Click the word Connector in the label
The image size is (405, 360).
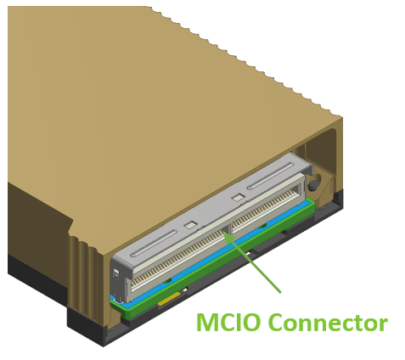(x=328, y=323)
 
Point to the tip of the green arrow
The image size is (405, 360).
(x=222, y=232)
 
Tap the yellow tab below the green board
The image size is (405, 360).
(x=169, y=299)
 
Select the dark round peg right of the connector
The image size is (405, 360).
(x=313, y=185)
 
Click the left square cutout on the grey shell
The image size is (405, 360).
(x=190, y=225)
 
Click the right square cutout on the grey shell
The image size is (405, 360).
(x=238, y=198)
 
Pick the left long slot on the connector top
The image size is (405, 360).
(x=154, y=244)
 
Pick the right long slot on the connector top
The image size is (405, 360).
(x=270, y=176)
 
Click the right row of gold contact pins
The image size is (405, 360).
(x=264, y=208)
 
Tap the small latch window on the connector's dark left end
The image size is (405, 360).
(x=115, y=273)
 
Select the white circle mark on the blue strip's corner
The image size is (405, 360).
(x=115, y=300)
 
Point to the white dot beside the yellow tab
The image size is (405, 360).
(x=185, y=290)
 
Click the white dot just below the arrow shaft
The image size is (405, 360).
(x=248, y=254)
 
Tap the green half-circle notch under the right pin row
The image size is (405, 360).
(x=262, y=226)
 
